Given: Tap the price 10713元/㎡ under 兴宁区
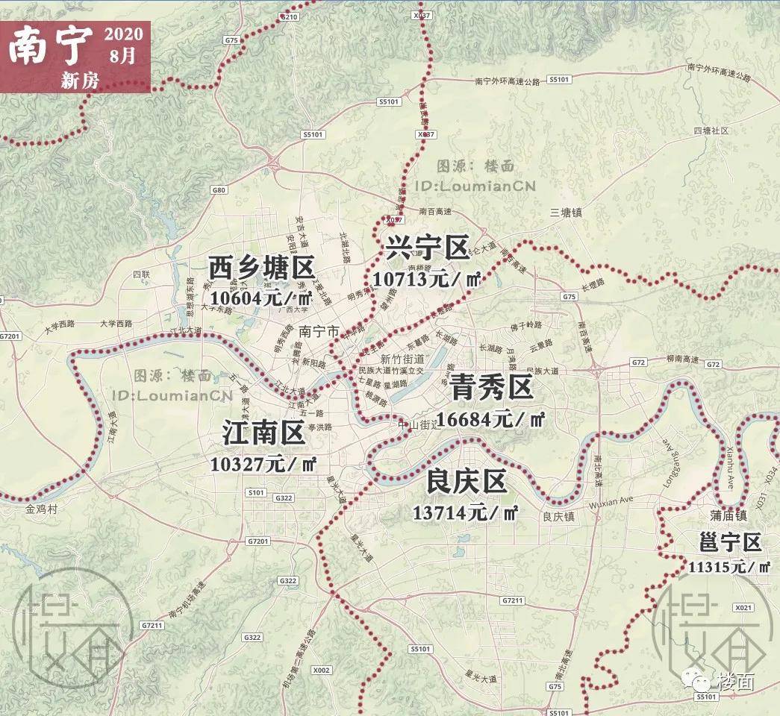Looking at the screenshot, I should [425, 280].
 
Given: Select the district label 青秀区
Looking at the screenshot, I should [490, 389].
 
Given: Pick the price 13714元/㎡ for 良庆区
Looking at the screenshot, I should [466, 512].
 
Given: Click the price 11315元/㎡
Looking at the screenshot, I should [729, 567].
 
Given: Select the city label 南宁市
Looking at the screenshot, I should [319, 330].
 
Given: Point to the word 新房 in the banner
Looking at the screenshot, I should [81, 81].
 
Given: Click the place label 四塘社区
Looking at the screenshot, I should [710, 131].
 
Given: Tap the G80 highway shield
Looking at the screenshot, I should [219, 190].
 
